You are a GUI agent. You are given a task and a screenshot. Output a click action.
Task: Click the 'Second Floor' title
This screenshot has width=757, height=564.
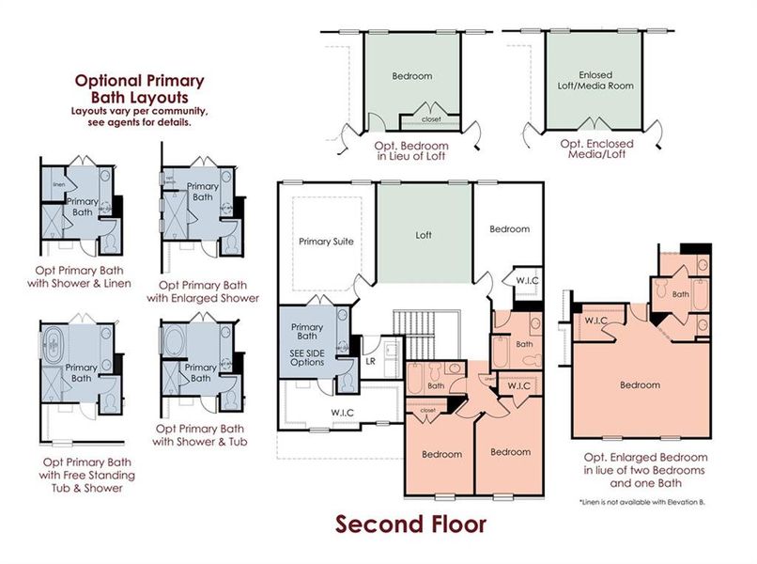coord(411,524)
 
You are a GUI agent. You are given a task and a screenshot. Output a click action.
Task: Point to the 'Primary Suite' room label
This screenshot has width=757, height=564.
coord(326,242)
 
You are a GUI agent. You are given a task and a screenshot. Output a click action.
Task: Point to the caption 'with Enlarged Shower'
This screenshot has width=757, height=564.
coord(203,298)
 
